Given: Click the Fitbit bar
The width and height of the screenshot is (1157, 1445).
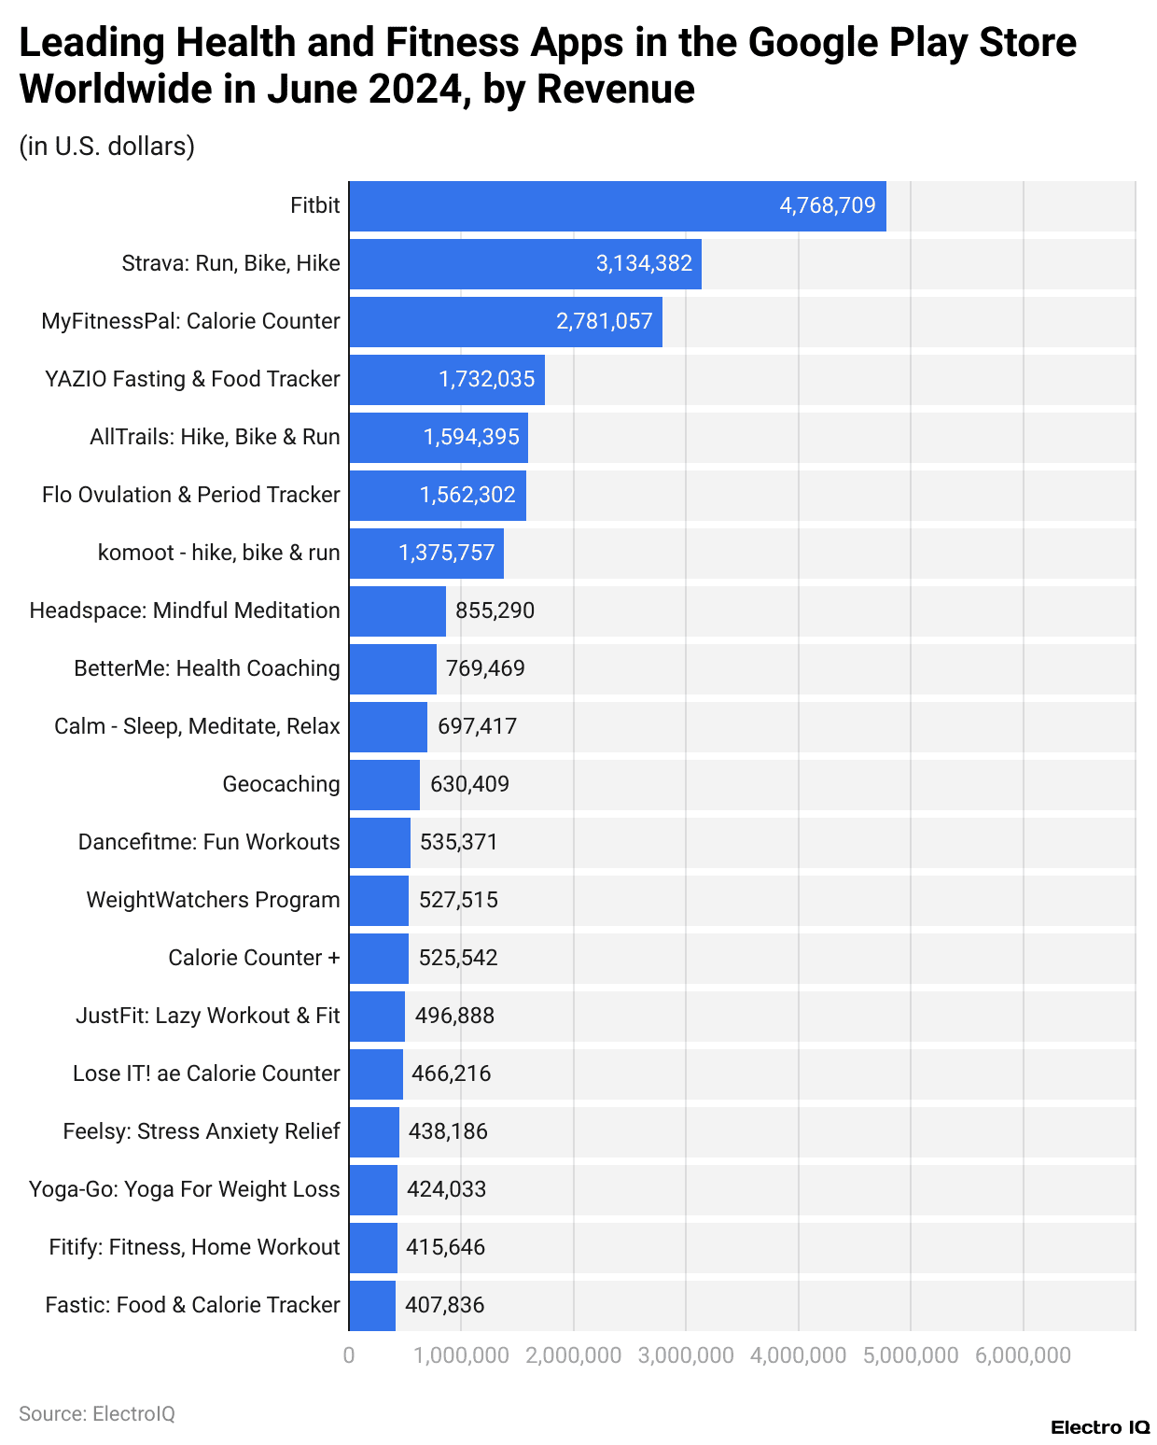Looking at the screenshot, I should coord(617,206).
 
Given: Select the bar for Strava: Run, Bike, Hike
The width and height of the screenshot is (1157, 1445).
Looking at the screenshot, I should coord(524,264).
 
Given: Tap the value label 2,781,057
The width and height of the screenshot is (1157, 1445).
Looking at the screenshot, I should coord(604,322).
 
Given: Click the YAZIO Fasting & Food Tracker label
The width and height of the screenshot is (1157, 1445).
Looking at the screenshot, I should coord(192,379).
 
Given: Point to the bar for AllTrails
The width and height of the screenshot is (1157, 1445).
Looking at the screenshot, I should coord(439,438).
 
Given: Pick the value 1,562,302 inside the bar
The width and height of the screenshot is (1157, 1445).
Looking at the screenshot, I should coord(467,496).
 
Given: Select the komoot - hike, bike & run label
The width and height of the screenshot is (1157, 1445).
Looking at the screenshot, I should coord(218,553).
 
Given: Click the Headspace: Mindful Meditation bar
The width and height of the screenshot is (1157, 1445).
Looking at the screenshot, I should coord(397,611).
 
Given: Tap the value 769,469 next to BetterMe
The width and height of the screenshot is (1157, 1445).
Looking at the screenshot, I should coord(485,668).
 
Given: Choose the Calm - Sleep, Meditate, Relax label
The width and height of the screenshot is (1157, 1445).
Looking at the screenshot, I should coord(197,726).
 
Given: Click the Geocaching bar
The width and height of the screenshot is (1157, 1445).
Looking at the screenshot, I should coord(384,785).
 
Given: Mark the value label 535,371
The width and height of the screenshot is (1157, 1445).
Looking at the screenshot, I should coord(458,842).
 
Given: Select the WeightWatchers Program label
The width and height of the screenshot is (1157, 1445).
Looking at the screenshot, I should coord(213,900).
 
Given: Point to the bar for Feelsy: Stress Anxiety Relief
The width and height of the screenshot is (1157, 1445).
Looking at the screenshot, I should coord(374,1132).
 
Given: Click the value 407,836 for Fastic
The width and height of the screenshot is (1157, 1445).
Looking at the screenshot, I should coord(444,1305).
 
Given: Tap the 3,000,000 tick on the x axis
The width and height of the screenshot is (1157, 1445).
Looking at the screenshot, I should coord(686,1355).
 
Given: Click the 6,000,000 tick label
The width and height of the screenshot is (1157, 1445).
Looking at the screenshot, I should coord(1023,1355).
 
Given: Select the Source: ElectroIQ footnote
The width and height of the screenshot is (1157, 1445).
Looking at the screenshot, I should coord(97,1414).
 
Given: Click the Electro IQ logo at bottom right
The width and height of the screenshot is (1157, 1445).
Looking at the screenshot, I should coord(1100,1427).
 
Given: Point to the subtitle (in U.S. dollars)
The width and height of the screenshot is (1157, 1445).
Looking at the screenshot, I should coord(107,147).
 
